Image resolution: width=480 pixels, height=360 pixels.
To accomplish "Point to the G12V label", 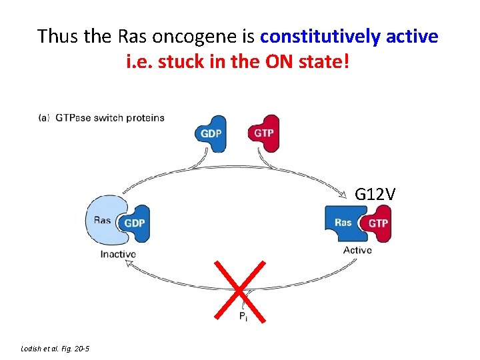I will tap(375, 194).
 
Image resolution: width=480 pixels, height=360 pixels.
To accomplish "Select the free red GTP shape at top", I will tap(263, 133).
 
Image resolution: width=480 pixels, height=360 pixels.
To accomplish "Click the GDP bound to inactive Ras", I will tap(135, 223).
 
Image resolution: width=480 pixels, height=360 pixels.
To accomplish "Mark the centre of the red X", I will tap(238, 291).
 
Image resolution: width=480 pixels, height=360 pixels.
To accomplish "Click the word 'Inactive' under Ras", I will tap(118, 254).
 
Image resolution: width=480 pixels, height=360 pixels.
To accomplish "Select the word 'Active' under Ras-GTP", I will tap(357, 250).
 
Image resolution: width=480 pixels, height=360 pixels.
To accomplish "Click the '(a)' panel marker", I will tap(44, 118).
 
